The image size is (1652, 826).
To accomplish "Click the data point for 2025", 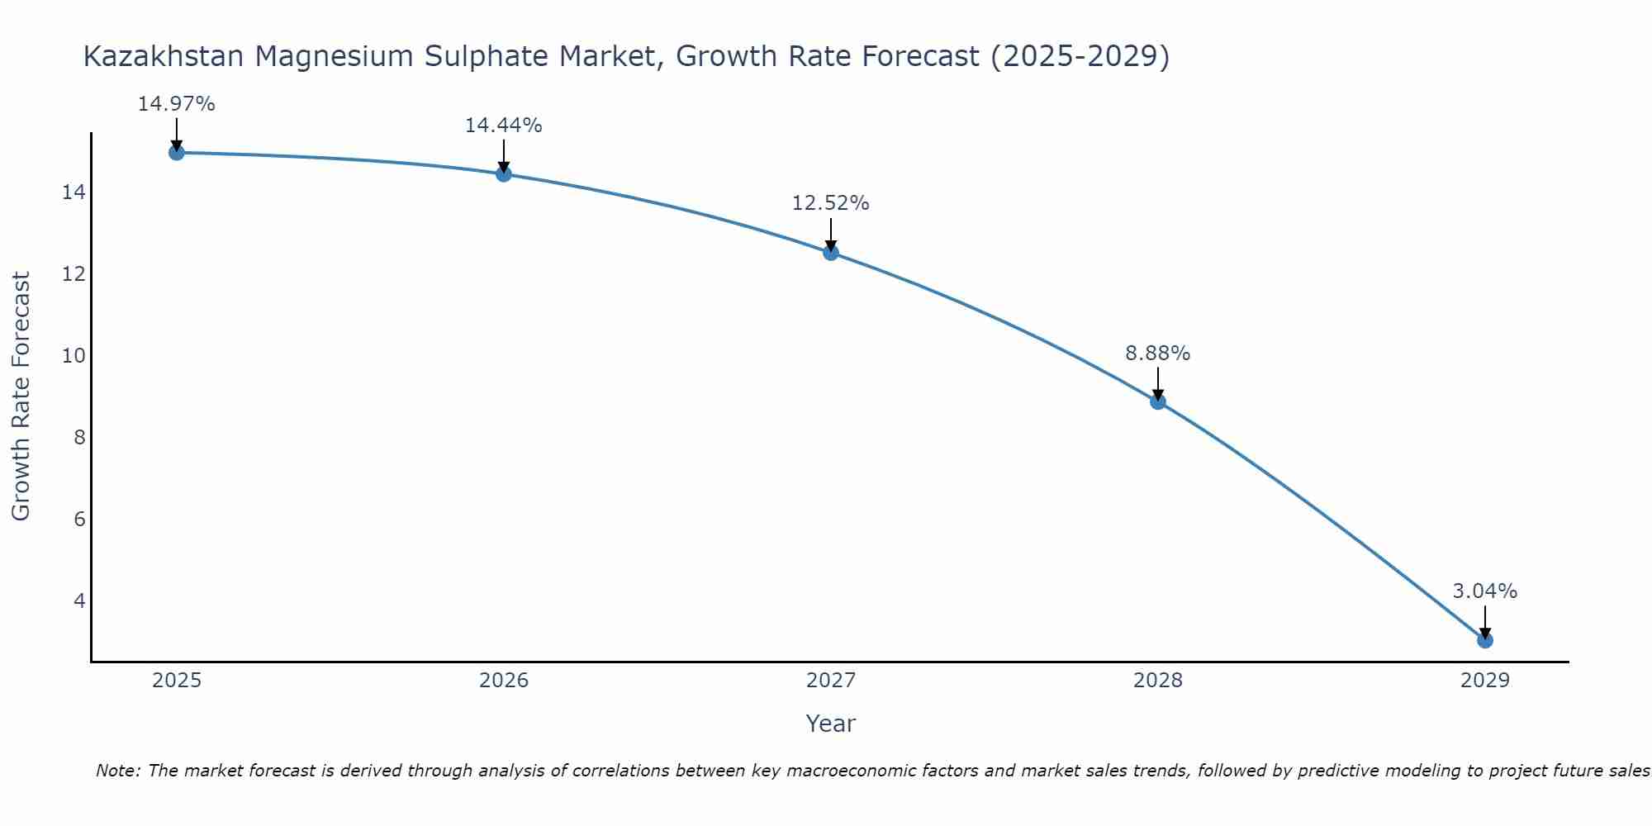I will click(x=176, y=153).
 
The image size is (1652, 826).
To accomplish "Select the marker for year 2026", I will click(x=504, y=173).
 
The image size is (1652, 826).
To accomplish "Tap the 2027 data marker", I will click(x=831, y=252).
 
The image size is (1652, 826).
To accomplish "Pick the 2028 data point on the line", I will click(x=1158, y=401).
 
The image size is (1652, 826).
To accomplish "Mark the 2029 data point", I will click(x=1485, y=640).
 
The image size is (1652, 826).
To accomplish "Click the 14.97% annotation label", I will click(x=176, y=104).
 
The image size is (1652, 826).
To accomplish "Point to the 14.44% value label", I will click(x=503, y=126).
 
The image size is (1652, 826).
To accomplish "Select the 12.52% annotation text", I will click(x=830, y=203).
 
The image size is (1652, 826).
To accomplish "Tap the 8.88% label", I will click(x=1157, y=354).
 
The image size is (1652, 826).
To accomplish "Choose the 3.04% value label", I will click(x=1484, y=591).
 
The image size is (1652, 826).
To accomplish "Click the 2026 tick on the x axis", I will click(x=504, y=681).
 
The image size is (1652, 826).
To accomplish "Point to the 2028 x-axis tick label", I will click(x=1158, y=681).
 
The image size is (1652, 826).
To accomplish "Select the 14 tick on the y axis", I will click(x=74, y=192).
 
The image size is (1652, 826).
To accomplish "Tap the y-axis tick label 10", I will click(x=74, y=356).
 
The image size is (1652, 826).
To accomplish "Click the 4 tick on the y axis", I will click(x=79, y=601).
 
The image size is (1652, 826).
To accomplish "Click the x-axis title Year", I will click(x=830, y=724).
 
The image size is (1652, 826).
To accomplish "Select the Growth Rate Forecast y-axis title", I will click(x=21, y=396).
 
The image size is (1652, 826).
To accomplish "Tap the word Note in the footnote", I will click(x=118, y=771).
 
